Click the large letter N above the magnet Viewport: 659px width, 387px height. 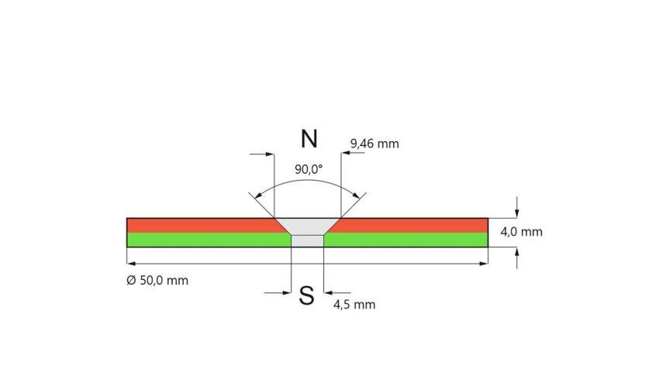point(309,139)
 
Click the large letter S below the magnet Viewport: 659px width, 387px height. point(306,295)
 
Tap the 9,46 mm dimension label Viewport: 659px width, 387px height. point(374,143)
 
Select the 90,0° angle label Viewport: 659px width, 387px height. point(309,169)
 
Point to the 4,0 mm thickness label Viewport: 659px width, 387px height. point(521,232)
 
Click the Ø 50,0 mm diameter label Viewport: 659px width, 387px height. point(157,280)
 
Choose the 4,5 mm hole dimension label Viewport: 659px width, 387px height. point(354,304)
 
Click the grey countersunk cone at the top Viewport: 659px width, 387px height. point(307,226)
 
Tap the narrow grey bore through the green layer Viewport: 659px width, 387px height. point(307,240)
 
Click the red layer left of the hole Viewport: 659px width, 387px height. point(202,226)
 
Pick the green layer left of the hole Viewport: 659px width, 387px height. point(209,240)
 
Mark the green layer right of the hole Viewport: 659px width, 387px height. point(406,240)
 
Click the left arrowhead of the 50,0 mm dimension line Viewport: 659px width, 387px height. point(131,264)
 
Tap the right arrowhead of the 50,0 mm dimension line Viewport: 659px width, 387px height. point(483,264)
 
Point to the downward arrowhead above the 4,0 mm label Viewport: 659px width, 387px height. point(516,213)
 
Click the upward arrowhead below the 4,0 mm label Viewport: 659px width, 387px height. point(516,252)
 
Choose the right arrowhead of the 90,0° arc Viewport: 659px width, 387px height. point(356,195)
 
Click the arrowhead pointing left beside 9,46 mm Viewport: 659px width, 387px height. point(346,154)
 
